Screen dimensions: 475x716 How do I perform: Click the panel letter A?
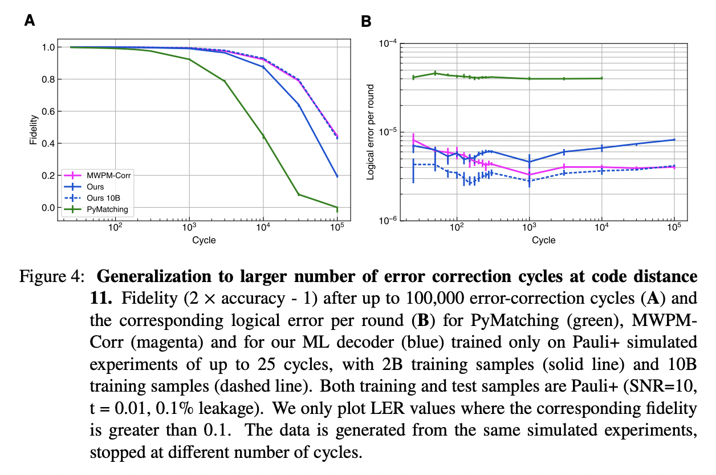[x=30, y=22]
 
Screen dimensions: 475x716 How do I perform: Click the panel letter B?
[x=367, y=22]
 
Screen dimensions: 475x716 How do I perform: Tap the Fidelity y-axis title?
[x=34, y=130]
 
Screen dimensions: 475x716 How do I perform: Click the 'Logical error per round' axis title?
[x=371, y=131]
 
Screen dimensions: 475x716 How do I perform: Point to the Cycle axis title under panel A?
[x=204, y=240]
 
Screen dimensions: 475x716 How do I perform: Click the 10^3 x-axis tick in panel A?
[x=189, y=227]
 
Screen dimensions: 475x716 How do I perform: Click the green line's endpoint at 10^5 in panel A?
[x=337, y=208]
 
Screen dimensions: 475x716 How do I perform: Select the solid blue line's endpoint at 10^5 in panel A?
[x=337, y=176]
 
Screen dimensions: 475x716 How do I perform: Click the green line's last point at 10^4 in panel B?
[x=601, y=78]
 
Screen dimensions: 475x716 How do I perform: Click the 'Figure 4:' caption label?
[x=52, y=277]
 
